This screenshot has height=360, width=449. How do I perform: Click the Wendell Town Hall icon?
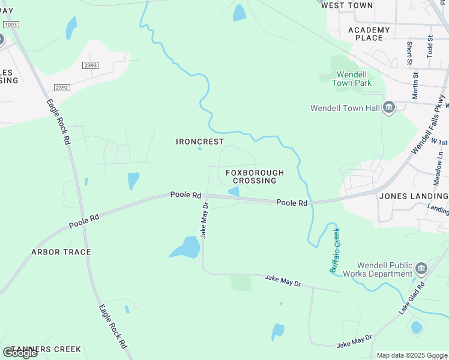coord(389,108)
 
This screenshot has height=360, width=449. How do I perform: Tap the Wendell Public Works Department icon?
coord(421,268)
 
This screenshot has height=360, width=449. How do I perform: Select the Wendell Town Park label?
coord(345,79)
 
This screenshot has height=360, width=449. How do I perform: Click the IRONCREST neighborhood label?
coord(200,142)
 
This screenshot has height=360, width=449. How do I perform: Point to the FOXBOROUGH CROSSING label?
coord(255,176)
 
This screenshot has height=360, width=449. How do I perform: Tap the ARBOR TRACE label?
coord(61,252)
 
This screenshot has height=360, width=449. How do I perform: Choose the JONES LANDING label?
coord(413,196)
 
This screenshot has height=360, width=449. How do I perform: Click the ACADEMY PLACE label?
coord(369,34)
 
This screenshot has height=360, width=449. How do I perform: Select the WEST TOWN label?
coord(347,5)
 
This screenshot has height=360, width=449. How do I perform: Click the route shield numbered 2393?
coord(92,65)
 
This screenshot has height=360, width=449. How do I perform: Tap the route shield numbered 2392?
coord(62,87)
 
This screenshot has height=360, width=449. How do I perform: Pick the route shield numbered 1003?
coord(11,24)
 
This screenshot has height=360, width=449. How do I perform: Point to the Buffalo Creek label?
coord(334,250)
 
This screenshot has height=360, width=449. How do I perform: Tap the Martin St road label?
coord(415,85)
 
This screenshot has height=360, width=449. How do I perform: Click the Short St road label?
coord(409,53)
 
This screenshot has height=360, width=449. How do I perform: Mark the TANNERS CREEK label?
coord(46,349)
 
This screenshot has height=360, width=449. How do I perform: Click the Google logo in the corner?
coord(20,353)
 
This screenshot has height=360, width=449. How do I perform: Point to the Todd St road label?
coord(430,46)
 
